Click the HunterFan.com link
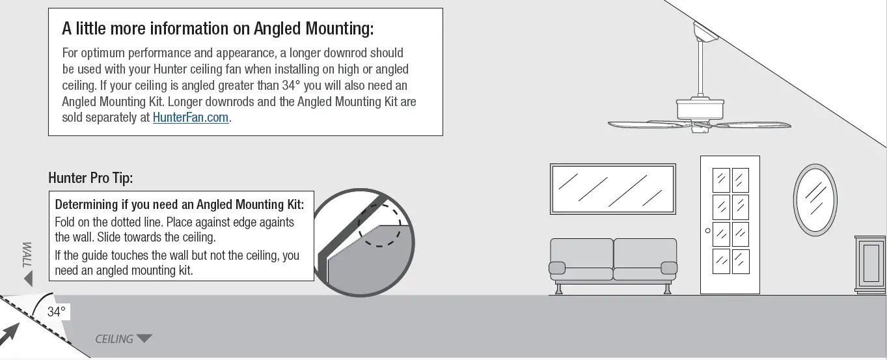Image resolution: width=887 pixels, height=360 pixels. point(191,118)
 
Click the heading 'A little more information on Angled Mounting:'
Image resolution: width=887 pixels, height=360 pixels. point(218,29)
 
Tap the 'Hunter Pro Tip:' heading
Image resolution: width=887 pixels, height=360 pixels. point(90,178)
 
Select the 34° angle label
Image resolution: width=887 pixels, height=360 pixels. point(57,312)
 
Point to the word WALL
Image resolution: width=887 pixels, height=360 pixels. point(27,253)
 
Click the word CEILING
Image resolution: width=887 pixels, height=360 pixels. point(114,339)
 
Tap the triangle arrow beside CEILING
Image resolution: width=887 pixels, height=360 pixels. point(144,339)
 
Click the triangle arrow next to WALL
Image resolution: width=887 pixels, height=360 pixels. point(28,279)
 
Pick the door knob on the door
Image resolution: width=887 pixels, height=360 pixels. point(707,230)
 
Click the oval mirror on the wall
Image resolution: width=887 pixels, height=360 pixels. point(815,199)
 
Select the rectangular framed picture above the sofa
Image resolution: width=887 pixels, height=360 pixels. point(612,189)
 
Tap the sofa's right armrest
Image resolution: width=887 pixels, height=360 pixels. point(668,267)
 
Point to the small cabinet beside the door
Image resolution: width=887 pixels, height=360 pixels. point(870,265)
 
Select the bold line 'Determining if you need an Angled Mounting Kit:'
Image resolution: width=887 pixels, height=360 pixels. point(184,204)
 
